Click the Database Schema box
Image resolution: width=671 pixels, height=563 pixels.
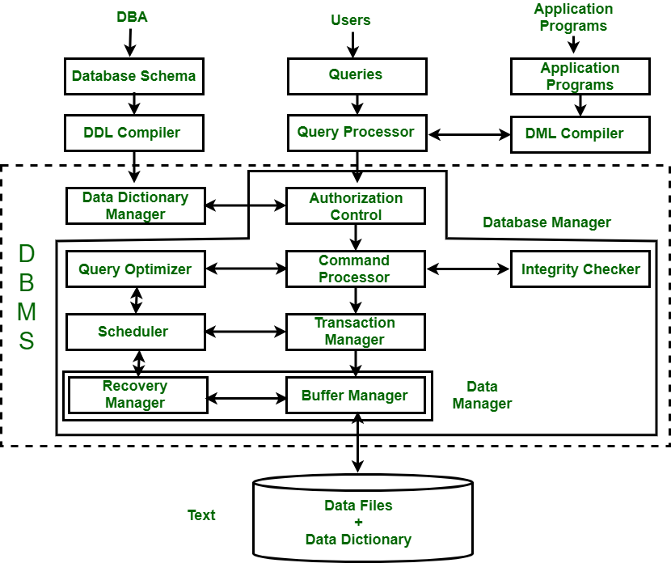pos(133,76)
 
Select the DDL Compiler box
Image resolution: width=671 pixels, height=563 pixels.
pos(133,133)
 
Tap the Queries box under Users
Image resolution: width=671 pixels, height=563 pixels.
pos(356,75)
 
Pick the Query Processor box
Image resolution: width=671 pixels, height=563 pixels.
pos(356,133)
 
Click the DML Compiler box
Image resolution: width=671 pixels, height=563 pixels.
pos(580,133)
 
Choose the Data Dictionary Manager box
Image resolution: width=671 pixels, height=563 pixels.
pos(135,206)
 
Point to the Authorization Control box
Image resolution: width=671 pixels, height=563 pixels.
pos(356,206)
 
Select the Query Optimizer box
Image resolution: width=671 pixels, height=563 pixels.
pos(135,269)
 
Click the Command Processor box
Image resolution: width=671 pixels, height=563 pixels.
pos(355,269)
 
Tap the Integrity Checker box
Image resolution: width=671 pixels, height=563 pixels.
pos(580,269)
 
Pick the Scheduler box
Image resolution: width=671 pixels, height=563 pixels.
pos(133,331)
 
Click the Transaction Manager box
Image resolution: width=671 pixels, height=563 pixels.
pos(355,331)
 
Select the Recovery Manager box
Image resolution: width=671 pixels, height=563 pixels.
pos(135,395)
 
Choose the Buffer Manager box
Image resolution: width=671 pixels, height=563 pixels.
pos(355,396)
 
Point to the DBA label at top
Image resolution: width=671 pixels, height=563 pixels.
pos(132,17)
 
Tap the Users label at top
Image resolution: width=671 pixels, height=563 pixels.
pos(351,20)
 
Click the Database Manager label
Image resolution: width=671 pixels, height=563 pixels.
pos(547,222)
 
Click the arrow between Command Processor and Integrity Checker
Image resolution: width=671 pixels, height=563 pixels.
pos(468,269)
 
